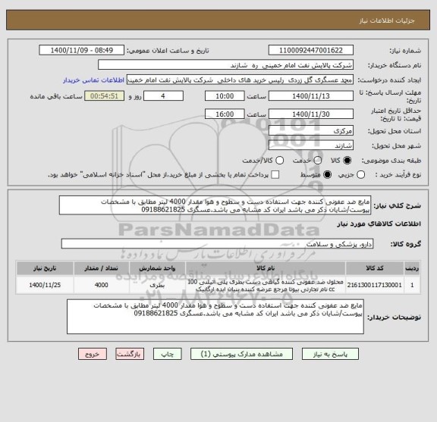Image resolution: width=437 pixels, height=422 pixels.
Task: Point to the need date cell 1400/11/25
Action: [37, 286]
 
